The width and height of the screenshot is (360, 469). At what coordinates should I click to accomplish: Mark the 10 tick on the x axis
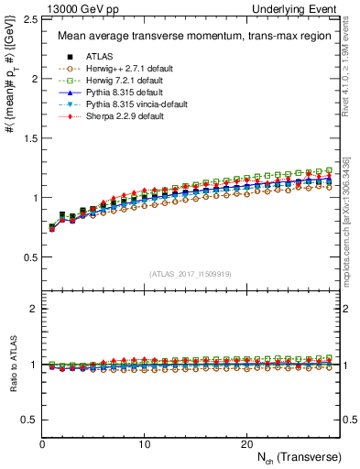144,443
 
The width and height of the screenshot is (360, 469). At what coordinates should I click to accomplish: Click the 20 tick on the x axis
246,443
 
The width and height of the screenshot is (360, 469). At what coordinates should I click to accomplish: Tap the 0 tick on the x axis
42,443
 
